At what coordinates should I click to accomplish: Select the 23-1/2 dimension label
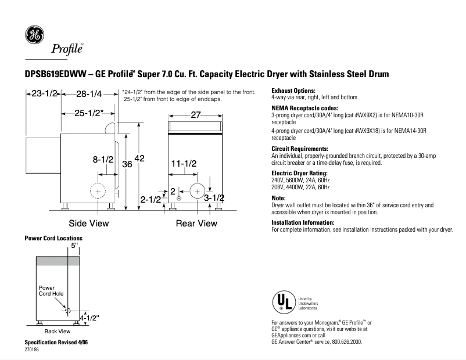click(x=43, y=93)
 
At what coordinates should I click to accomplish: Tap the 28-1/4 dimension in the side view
click(x=89, y=93)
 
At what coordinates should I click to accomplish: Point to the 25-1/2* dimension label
click(x=89, y=113)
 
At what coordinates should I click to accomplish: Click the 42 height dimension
click(x=139, y=159)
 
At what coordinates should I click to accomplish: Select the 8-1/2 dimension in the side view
click(x=103, y=159)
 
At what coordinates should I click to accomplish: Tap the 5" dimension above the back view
click(x=74, y=246)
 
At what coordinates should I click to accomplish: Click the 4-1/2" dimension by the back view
click(x=89, y=318)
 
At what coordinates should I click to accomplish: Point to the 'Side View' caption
click(x=88, y=223)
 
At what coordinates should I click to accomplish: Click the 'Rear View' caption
click(x=196, y=223)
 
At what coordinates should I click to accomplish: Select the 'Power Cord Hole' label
click(x=51, y=291)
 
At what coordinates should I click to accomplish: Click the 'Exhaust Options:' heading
click(x=293, y=91)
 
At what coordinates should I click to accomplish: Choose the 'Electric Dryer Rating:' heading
click(x=300, y=174)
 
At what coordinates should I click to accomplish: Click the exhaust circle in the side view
click(x=98, y=191)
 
